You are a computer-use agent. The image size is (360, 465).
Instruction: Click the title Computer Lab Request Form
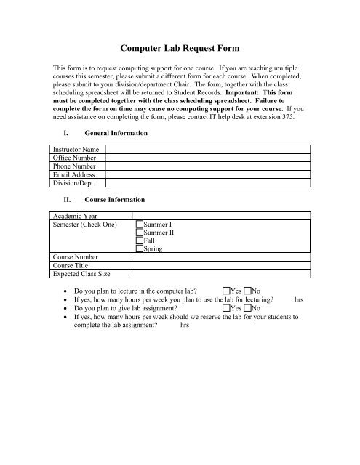click(x=180, y=42)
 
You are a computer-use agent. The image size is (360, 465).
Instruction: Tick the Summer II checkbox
click(x=140, y=233)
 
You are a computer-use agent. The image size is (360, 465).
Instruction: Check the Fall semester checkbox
click(x=140, y=241)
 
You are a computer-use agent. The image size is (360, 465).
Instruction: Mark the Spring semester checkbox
click(x=140, y=249)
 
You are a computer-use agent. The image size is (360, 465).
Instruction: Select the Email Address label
click(x=75, y=175)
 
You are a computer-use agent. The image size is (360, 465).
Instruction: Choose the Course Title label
click(x=72, y=267)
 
